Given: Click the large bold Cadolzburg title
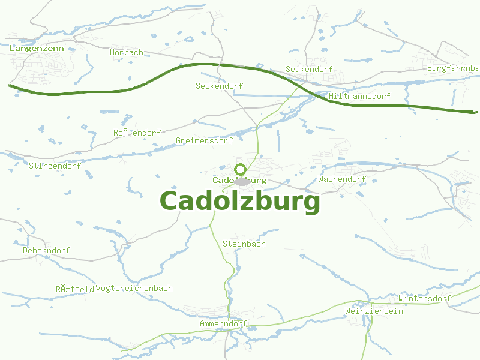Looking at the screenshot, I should coord(240,202).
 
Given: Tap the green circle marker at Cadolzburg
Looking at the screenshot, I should coord(241,170).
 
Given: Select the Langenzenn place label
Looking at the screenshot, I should coord(37,48).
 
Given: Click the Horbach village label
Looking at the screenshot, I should coord(127,53).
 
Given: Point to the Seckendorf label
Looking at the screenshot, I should coord(219,86).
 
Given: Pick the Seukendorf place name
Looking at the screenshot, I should coord(309,70).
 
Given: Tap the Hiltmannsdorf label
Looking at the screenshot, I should coord(360,97).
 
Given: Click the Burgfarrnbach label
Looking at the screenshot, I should coord(454,68).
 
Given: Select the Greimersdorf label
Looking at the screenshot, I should coord(204,141).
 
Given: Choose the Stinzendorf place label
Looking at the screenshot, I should coord(55,166).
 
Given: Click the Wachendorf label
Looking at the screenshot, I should coord(342,179).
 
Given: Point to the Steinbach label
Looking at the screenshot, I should coord(244,244).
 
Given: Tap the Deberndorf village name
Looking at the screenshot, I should coord(46,250).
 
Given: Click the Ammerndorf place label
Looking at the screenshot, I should coord(223,324).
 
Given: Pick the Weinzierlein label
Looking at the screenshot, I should coord(374,311).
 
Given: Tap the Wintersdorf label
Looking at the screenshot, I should coord(424,299).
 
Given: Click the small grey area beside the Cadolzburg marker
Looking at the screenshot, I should coord(242,181).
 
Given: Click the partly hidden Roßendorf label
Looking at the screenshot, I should coord(137,133).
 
